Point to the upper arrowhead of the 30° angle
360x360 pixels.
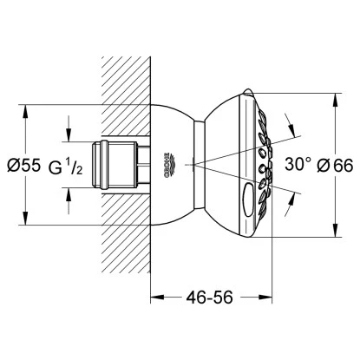point(277,139)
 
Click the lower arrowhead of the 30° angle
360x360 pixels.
point(277,186)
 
